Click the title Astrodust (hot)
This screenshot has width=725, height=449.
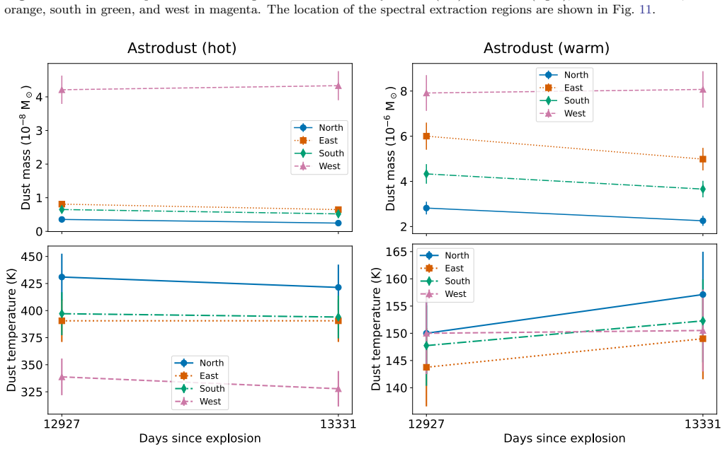[182, 48]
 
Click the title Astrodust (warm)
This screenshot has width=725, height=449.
[546, 48]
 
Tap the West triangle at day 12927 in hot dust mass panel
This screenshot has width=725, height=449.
[62, 89]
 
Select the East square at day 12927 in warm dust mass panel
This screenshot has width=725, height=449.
[426, 136]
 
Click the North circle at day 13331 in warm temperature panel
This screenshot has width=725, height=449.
[703, 294]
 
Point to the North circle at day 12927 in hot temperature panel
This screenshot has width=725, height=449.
[62, 277]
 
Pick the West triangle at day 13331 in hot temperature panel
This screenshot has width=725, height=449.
[338, 389]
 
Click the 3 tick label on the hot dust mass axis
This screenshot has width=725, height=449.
[40, 131]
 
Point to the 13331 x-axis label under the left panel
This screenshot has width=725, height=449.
[338, 424]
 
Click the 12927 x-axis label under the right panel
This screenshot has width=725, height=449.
[426, 424]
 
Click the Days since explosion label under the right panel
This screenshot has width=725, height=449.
[564, 438]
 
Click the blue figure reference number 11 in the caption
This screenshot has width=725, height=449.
[645, 9]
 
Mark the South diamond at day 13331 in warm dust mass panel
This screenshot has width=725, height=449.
[703, 189]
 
